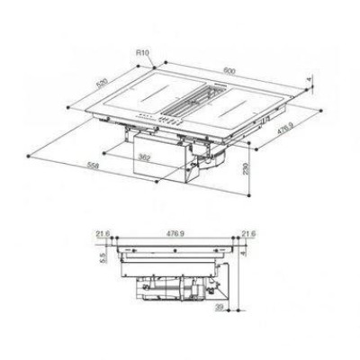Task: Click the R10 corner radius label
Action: click(x=142, y=53)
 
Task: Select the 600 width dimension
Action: click(x=229, y=71)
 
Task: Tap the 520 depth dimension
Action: click(x=102, y=85)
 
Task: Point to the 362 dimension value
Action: click(x=144, y=157)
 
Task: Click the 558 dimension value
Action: click(x=93, y=166)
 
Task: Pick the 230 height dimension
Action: click(x=246, y=169)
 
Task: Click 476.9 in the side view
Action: click(x=175, y=234)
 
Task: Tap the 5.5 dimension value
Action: click(x=103, y=257)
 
